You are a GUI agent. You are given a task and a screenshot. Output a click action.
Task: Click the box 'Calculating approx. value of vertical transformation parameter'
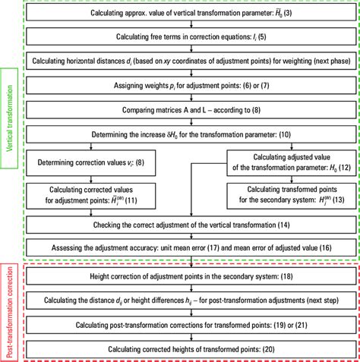pos(191,14)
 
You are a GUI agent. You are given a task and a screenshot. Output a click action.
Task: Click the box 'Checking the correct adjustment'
pos(191,225)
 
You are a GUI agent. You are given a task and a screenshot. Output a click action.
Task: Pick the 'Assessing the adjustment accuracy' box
pos(191,247)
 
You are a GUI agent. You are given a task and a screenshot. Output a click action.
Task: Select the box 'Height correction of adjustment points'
pos(191,278)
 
